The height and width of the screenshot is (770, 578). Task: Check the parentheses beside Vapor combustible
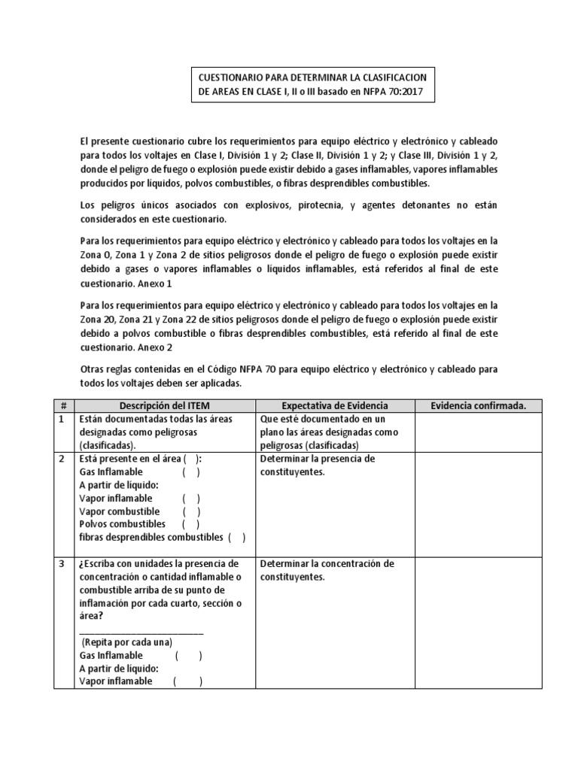(190, 511)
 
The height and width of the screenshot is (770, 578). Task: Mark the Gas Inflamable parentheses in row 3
(189, 656)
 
